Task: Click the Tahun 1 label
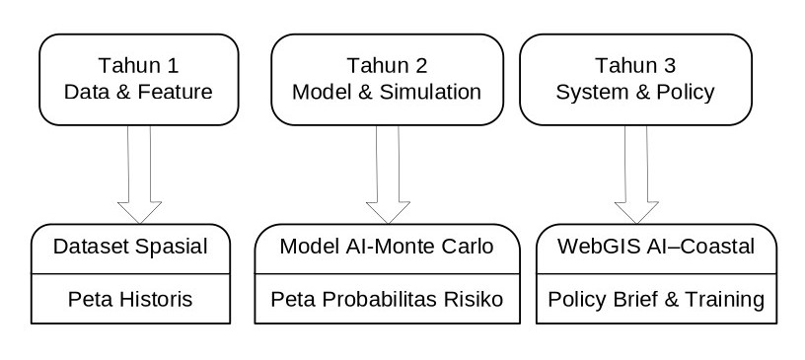(139, 66)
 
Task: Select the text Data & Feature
(139, 93)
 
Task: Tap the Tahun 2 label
(387, 66)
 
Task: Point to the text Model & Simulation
(387, 93)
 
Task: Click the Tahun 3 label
(635, 66)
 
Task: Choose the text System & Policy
(635, 93)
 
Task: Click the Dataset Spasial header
(130, 247)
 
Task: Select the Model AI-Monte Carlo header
(387, 247)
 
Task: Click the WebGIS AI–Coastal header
(656, 247)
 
